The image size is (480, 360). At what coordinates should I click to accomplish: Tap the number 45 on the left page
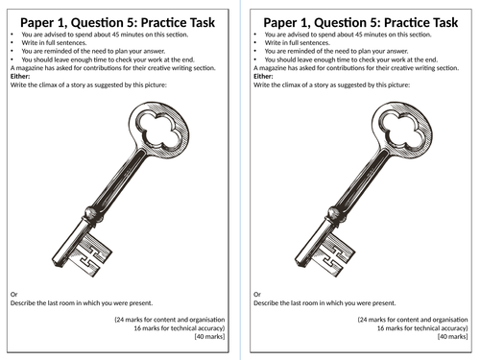pos(116,35)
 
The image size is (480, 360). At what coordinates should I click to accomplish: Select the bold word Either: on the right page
pos(263,76)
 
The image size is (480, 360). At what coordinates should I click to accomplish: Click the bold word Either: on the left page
pos(20,76)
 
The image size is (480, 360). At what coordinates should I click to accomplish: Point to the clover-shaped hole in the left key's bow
pos(159,131)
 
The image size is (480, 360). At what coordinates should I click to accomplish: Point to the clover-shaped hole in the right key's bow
pos(402,131)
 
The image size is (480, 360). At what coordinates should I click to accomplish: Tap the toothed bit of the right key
pos(334,254)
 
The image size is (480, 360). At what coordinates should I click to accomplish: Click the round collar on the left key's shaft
pos(93,215)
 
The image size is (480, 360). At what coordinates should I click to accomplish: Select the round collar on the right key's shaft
pos(336,215)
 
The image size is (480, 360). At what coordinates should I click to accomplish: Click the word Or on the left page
pos(14,294)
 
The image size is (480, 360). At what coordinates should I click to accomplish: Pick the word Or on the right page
pos(257,294)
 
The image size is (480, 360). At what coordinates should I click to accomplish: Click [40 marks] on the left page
pos(209,336)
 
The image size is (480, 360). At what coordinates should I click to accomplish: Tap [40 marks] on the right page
pos(453,336)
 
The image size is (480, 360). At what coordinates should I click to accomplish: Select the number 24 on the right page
pos(363,320)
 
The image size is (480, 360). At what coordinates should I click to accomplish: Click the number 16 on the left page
pos(137,328)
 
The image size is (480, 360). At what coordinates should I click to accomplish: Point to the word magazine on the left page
pos(30,68)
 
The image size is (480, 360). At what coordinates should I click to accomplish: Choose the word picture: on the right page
pos(398,84)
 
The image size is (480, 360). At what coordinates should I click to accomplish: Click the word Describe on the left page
pos(22,302)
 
